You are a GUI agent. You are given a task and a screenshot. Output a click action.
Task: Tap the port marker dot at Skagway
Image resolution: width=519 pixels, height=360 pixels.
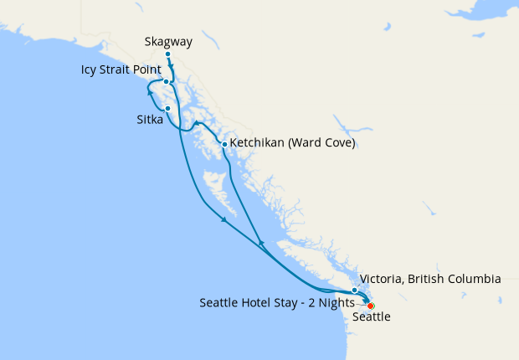pos(168,54)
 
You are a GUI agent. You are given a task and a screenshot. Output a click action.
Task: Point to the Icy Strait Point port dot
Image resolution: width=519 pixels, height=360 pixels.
pos(167,82)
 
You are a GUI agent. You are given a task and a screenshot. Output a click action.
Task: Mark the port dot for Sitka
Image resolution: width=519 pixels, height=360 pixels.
pos(168,108)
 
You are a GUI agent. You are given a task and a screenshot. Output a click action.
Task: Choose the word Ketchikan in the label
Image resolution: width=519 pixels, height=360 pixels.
pos(263,143)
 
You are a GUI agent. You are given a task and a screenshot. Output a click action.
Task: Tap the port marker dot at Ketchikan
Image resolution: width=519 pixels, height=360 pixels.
pos(224,144)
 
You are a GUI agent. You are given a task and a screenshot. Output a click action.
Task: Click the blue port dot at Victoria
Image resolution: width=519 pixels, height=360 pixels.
pos(355,291)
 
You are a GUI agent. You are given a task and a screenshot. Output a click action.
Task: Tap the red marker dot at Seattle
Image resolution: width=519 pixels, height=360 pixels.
pos(371,306)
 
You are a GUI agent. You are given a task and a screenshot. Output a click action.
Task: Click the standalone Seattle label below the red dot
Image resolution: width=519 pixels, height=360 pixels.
pos(371,318)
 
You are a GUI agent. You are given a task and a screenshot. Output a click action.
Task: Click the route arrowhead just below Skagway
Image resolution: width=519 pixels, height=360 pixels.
pos(172,69)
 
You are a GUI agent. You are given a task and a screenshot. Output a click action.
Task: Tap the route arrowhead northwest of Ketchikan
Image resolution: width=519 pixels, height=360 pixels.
pos(198,124)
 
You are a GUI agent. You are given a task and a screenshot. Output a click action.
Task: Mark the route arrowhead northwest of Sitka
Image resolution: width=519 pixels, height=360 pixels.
pos(151,92)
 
